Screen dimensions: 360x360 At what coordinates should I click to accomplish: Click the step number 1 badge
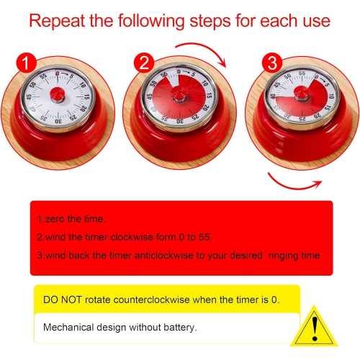[x=26, y=62]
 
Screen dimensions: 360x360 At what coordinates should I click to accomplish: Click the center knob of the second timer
[x=180, y=97]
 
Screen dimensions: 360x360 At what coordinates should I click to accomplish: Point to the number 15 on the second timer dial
[x=209, y=95]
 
